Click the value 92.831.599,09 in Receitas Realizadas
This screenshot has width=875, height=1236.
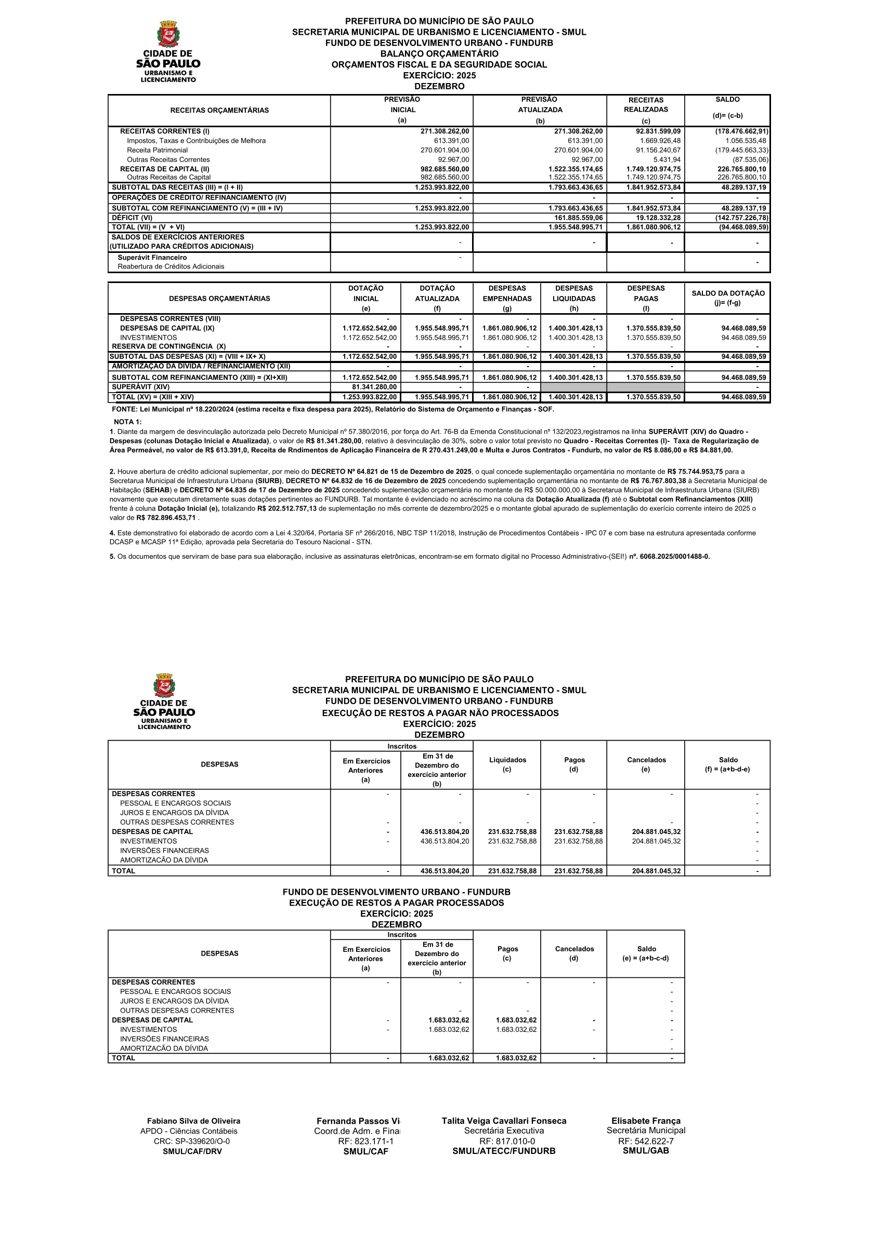click(658, 131)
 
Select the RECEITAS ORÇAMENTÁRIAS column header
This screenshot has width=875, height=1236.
click(219, 110)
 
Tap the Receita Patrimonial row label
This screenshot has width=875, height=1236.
click(158, 150)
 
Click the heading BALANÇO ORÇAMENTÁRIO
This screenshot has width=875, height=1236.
click(439, 54)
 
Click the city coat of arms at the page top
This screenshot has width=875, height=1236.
click(168, 34)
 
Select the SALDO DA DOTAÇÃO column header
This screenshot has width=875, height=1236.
click(728, 298)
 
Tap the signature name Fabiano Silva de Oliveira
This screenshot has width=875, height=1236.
click(193, 1121)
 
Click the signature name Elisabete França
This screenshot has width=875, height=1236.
click(646, 1121)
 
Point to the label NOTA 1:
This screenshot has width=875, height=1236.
click(128, 422)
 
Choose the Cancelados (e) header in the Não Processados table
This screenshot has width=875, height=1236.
click(646, 764)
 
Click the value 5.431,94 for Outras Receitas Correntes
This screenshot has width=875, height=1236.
click(667, 160)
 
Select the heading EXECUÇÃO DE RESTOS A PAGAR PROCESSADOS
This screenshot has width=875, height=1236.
click(397, 903)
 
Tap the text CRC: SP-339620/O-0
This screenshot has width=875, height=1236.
click(191, 1141)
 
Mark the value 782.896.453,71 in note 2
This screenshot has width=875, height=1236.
click(166, 518)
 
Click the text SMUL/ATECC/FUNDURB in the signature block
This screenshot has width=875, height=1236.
click(504, 1151)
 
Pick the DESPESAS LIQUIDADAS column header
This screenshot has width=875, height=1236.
click(574, 298)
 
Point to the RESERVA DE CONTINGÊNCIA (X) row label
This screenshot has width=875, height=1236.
click(168, 347)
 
